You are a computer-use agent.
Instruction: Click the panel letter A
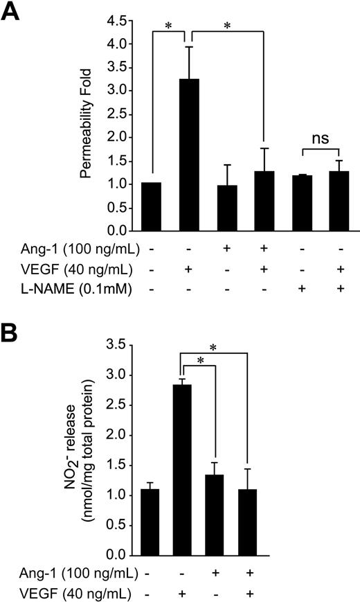[12, 12]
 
